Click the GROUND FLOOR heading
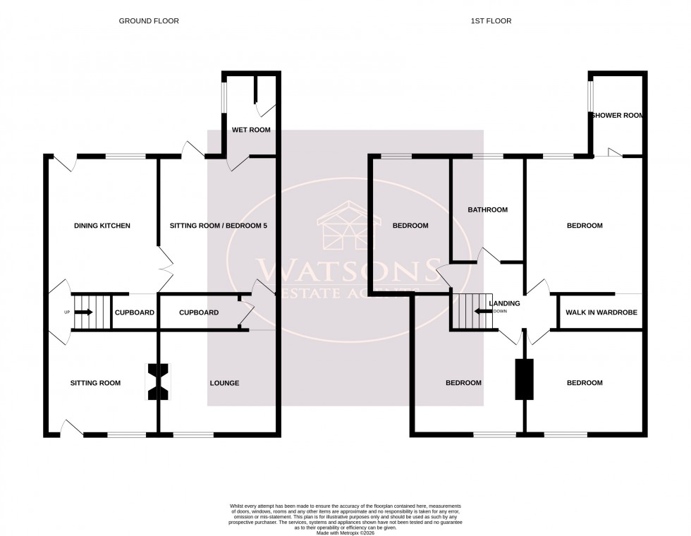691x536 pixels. tap(148, 21)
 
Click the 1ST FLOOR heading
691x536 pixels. tap(492, 21)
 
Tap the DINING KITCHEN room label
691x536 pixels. tap(102, 226)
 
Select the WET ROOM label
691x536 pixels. tap(251, 130)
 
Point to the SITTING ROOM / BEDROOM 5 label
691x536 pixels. tap(219, 226)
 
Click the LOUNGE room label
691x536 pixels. tap(224, 383)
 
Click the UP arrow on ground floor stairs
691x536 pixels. tap(83, 312)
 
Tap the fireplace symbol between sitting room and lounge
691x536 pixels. tap(157, 382)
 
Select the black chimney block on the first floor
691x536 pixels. tap(524, 379)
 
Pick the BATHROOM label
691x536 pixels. tap(488, 209)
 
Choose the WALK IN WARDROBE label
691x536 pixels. tap(600, 312)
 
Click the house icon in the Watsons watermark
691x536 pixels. tap(345, 226)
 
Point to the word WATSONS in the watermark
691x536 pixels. tap(345, 270)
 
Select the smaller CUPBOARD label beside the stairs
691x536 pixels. tap(134, 312)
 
